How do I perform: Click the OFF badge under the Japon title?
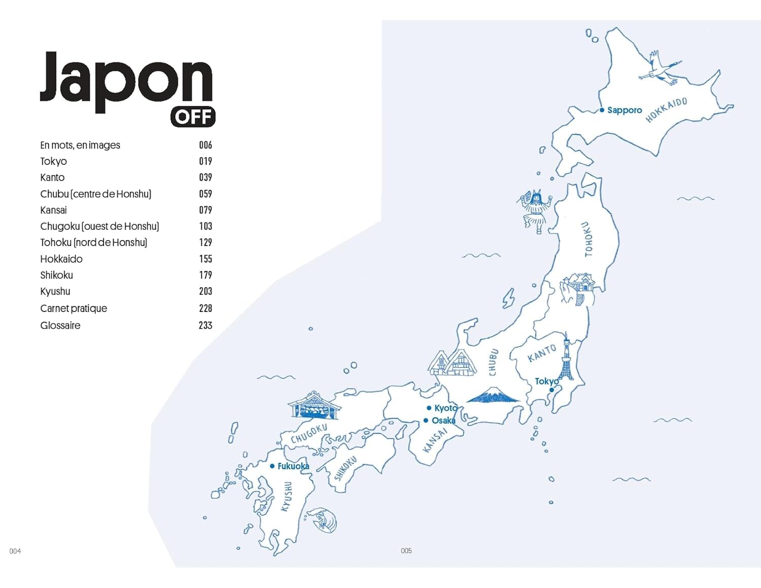pos(193,117)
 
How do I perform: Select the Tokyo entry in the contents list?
pos(53,161)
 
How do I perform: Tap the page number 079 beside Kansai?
pos(205,210)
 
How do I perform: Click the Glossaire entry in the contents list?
pos(60,326)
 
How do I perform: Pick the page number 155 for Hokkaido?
pos(205,259)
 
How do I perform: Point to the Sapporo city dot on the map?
pos(602,110)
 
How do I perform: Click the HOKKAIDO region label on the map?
pos(666,110)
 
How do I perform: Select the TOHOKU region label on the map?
pos(588,239)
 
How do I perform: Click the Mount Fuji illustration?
pos(492,395)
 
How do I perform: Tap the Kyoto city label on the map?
pos(446,408)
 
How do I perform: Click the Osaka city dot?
pos(426,421)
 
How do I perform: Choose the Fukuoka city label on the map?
pos(293,466)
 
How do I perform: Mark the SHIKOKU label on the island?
pos(345,468)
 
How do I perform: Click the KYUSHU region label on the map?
pos(287,496)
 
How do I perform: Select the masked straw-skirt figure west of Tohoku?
pos(535,211)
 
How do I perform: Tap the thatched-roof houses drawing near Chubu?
pos(453,362)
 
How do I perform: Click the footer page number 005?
pos(406,550)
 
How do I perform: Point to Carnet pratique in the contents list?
pos(74,308)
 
